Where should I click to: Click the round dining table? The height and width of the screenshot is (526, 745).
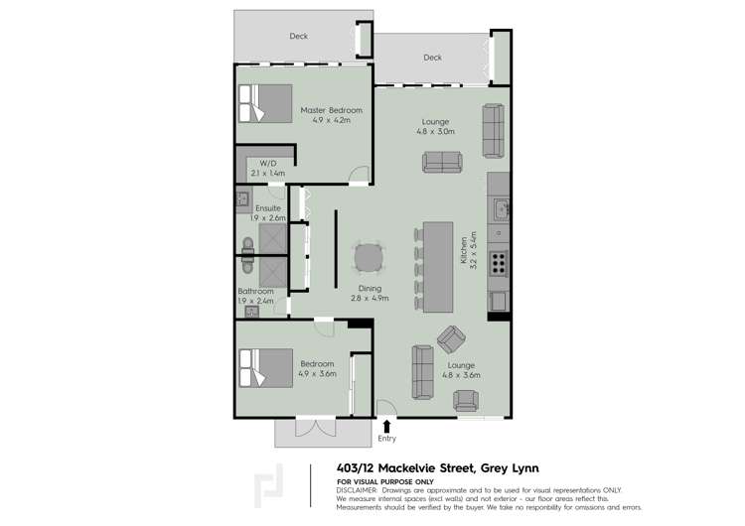[369, 258]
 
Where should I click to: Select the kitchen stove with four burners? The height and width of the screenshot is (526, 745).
[499, 262]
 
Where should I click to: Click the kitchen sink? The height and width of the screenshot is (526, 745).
[500, 209]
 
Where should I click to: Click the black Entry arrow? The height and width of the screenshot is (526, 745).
[386, 425]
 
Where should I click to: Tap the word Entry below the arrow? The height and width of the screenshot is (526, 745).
[386, 438]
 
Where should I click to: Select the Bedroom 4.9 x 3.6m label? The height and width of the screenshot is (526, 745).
[319, 369]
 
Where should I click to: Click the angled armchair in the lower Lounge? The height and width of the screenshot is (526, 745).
[452, 340]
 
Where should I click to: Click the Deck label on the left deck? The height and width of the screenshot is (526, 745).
[298, 36]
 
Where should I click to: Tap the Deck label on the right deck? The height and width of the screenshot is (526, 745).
[432, 58]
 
